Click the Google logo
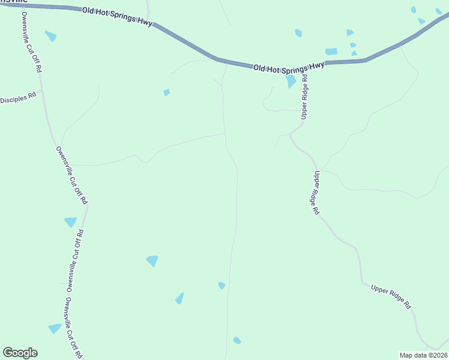click(x=20, y=353)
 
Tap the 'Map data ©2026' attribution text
click(x=424, y=355)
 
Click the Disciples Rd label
click(x=19, y=98)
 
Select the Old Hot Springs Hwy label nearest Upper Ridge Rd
click(x=288, y=67)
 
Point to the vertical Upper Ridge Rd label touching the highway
click(x=304, y=95)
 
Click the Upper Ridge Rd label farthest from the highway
click(x=391, y=296)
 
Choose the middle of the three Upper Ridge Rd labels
click(x=316, y=193)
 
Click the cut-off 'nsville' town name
click(x=11, y=2)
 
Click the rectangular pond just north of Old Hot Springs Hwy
click(x=331, y=52)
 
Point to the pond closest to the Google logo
click(x=55, y=328)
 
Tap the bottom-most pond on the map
click(x=237, y=340)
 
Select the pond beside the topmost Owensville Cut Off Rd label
click(x=50, y=36)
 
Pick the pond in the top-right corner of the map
click(x=439, y=11)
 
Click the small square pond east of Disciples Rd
click(x=167, y=92)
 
